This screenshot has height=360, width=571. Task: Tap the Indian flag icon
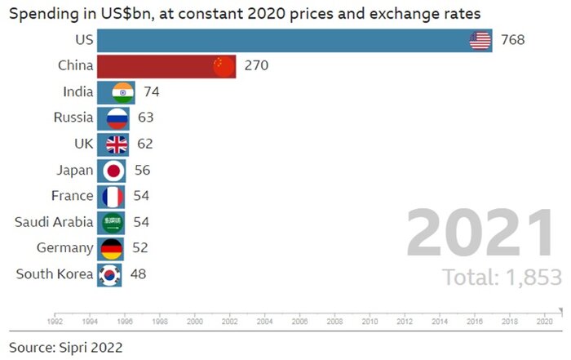(x=122, y=92)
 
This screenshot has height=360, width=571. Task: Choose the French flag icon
(x=113, y=196)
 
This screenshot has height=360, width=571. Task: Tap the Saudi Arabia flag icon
(x=113, y=222)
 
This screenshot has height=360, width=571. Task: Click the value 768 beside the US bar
(x=513, y=40)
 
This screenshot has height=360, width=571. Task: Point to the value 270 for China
(x=256, y=66)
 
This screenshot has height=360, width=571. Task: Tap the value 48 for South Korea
(x=138, y=274)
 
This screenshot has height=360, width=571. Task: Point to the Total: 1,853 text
(x=502, y=277)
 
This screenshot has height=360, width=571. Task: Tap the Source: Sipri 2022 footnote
(x=66, y=347)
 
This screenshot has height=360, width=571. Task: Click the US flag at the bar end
(x=480, y=40)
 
